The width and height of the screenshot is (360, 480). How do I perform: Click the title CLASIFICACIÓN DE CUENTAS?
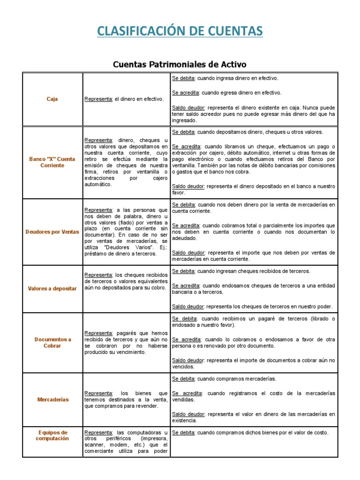pos(180,31)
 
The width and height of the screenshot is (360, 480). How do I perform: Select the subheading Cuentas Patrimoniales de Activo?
pos(180,64)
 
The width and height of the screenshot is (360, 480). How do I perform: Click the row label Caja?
pos(52,99)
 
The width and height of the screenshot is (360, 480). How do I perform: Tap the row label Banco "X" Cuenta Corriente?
pos(52,162)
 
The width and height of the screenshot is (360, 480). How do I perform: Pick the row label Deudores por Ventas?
pos(52,232)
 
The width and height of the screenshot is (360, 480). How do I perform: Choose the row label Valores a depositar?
pos(52,288)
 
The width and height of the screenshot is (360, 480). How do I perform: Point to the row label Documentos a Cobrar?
pos(52,342)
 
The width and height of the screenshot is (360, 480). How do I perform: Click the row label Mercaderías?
pos(52,399)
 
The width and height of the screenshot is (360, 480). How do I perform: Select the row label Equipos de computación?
pos(52,435)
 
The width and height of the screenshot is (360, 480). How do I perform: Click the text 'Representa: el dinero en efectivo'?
pos(124,99)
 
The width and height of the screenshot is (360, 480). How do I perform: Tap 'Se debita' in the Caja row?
pos(183,78)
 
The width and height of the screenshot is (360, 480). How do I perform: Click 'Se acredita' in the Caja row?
pos(186,93)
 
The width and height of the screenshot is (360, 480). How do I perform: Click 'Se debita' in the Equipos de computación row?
pos(183,433)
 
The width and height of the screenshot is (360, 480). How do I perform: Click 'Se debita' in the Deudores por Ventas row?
pos(183,205)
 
